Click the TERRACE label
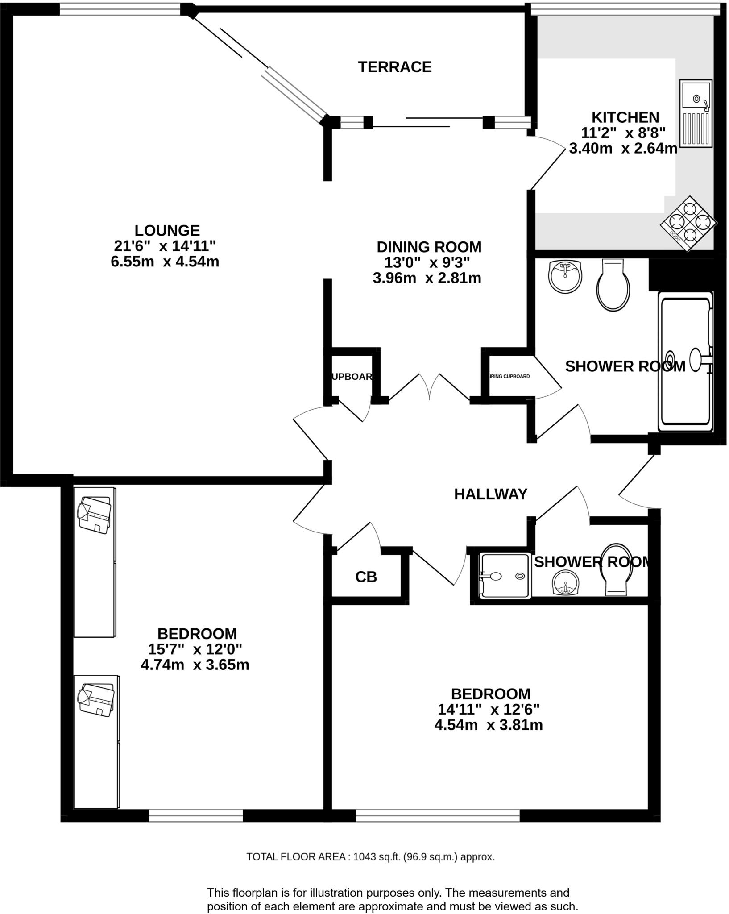pos(394,67)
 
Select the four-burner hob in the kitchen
pos(688,223)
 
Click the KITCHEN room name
pos(625,117)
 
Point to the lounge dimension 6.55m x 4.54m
pos(165,262)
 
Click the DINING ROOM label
pos(429,247)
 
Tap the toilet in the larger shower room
pos(613,286)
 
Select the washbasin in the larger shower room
pos(565,276)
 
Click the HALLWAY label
pos(490,494)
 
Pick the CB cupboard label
pos(366,577)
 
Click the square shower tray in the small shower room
pos(505,576)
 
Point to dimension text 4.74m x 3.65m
pos(195,665)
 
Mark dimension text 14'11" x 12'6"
pos(489,709)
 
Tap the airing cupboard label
pos(510,376)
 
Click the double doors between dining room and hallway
pos(429,387)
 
